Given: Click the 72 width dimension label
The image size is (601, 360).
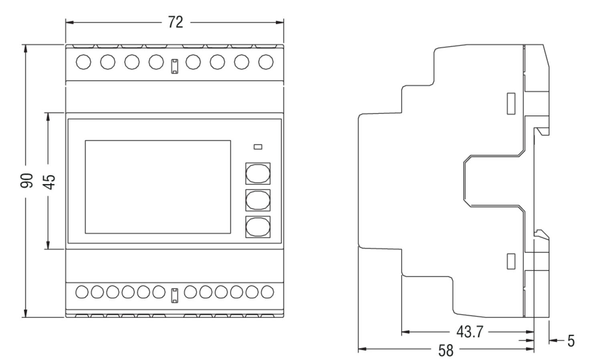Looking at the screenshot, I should pyautogui.click(x=175, y=22).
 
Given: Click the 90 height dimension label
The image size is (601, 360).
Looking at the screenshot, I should pyautogui.click(x=27, y=180).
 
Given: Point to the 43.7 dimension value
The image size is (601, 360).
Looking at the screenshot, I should pyautogui.click(x=470, y=332).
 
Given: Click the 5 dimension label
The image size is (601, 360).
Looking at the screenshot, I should pyautogui.click(x=571, y=341).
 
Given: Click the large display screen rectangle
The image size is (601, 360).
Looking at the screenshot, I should pyautogui.click(x=157, y=187).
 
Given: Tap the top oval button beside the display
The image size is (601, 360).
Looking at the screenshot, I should pyautogui.click(x=258, y=174).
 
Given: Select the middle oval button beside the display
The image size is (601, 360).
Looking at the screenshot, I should pyautogui.click(x=258, y=200).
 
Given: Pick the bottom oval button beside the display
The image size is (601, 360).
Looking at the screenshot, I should pyautogui.click(x=258, y=227).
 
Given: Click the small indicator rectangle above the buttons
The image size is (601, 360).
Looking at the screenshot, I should pyautogui.click(x=258, y=147).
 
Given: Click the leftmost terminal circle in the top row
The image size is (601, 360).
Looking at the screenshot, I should pyautogui.click(x=83, y=62).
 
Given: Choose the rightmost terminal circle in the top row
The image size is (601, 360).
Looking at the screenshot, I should pyautogui.click(x=266, y=62).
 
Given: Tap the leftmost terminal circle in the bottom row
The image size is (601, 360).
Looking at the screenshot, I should pyautogui.click(x=82, y=292).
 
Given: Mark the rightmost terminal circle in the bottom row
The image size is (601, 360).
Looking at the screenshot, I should pyautogui.click(x=267, y=292).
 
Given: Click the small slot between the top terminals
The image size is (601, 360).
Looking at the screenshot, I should pyautogui.click(x=175, y=66).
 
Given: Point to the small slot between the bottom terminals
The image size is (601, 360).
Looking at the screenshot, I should pyautogui.click(x=175, y=295).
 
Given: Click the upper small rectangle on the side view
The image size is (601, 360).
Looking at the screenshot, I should pyautogui.click(x=511, y=103).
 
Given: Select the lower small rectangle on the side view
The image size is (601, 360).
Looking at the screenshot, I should pyautogui.click(x=511, y=261).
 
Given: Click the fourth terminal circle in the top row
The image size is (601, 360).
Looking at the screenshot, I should pyautogui.click(x=156, y=62).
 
